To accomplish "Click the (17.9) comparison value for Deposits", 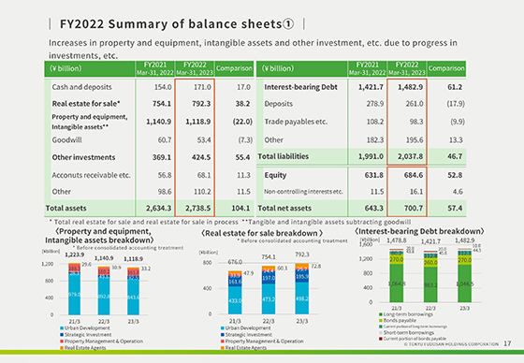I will pos(472,105).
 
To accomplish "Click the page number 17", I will pos(506,354).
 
